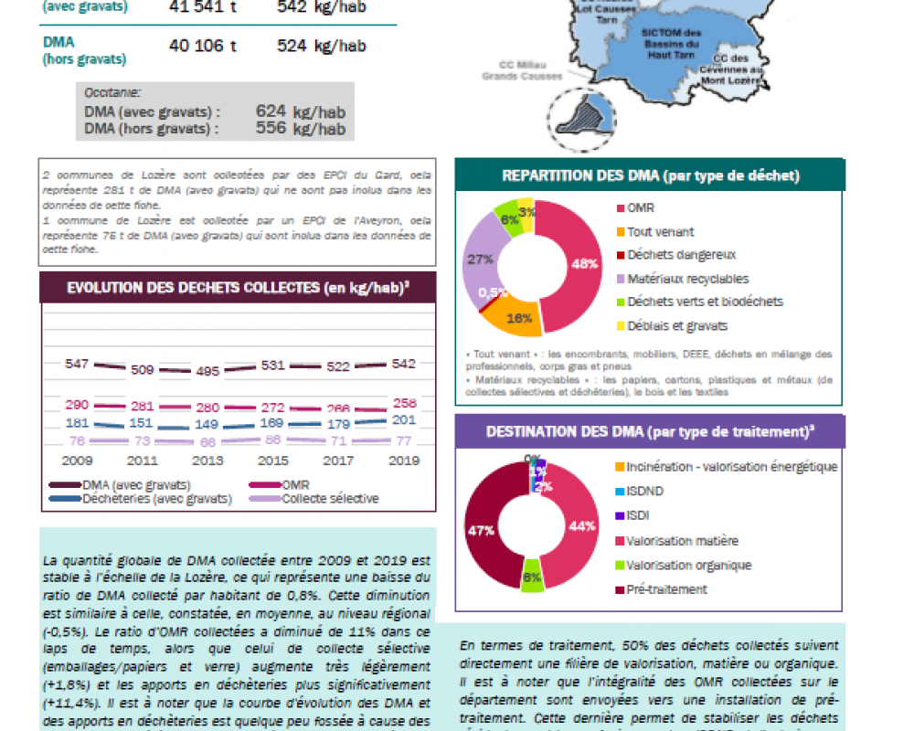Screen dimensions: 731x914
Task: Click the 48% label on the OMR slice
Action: coord(585,263)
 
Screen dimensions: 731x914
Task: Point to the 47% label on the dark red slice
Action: coord(481,530)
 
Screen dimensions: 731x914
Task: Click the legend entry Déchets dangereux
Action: coord(681,255)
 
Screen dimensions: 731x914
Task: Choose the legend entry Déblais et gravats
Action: coord(677,325)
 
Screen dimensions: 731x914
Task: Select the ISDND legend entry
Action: coord(645,491)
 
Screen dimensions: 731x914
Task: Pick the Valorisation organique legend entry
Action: coord(689,565)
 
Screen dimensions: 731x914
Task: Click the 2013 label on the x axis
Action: coord(207,461)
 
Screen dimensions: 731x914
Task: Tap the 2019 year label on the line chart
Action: coord(403,461)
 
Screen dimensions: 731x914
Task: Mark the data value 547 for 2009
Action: coord(77,364)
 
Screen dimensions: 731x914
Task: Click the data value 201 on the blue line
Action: coord(403,419)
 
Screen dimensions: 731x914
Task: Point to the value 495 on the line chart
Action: coord(207,371)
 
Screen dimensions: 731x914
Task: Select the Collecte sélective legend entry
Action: coord(330,499)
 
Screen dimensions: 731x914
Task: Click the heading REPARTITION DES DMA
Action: coord(651,175)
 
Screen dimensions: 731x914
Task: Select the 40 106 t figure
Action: coord(197,45)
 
